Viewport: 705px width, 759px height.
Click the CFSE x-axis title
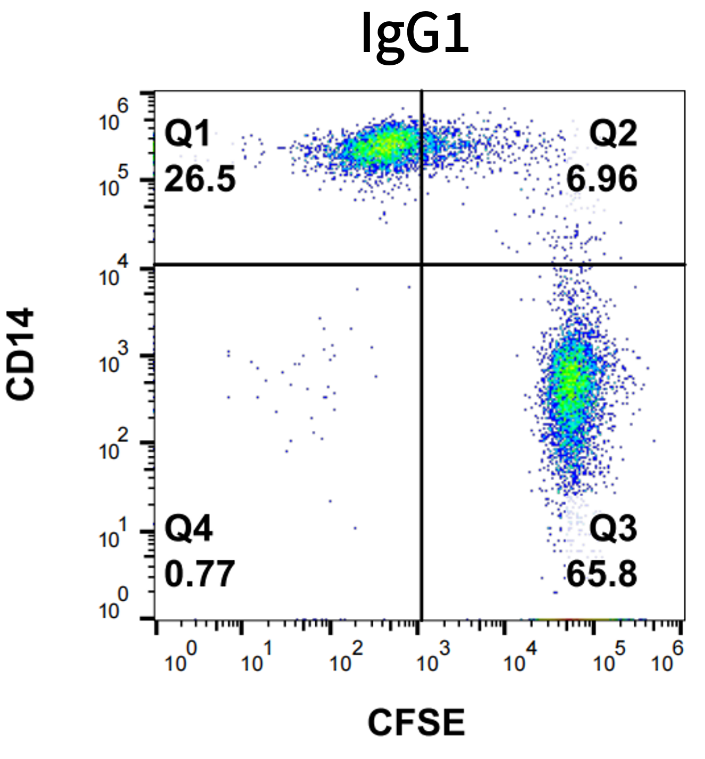(416, 723)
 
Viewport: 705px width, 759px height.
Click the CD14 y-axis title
(21, 354)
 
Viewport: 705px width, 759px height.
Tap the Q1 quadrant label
(187, 133)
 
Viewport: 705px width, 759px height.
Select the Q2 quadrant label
(612, 133)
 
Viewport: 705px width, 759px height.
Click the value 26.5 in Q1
(199, 179)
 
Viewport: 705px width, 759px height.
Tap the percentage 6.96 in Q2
(601, 179)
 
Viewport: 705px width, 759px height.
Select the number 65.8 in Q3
(601, 574)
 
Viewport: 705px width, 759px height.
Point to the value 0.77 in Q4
(199, 574)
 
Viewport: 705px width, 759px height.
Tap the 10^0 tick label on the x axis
(180, 658)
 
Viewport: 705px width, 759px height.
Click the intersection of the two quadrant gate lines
(422, 264)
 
